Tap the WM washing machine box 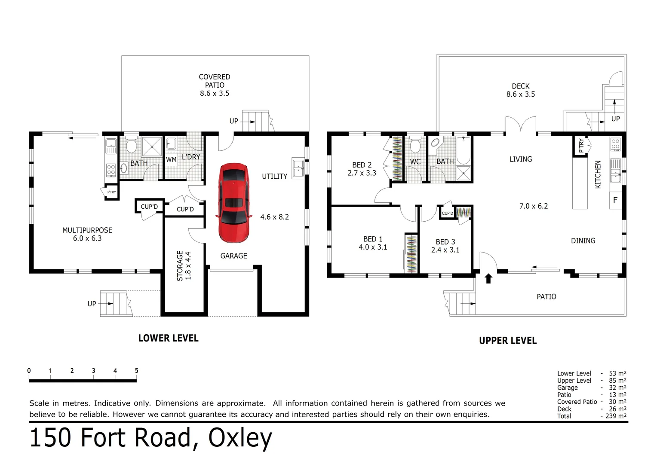171,159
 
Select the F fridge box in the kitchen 615,200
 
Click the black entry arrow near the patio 488,278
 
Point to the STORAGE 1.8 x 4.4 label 184,266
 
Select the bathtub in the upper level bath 464,150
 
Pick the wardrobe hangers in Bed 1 411,253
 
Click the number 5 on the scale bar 136,371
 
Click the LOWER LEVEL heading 168,338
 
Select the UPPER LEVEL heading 508,341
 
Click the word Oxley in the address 240,438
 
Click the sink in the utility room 298,168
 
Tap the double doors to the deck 521,125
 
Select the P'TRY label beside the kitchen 581,145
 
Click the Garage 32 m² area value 617,388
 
